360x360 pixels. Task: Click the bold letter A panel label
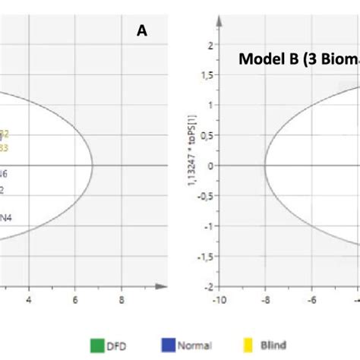click(x=141, y=31)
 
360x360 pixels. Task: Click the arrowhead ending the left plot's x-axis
click(x=162, y=287)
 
